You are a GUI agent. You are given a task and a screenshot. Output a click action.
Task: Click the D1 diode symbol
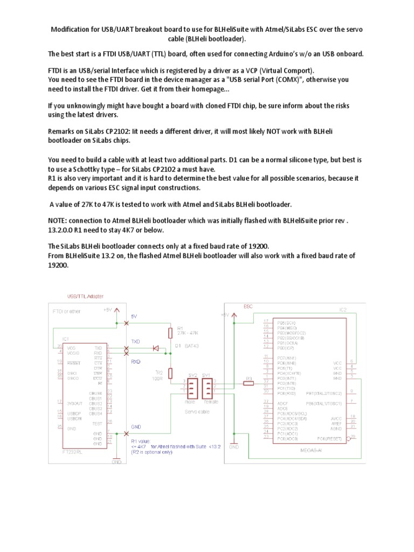(156, 349)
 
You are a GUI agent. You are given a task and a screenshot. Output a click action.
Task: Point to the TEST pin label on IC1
(96, 423)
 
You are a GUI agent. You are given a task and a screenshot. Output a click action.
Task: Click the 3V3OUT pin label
(75, 403)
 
